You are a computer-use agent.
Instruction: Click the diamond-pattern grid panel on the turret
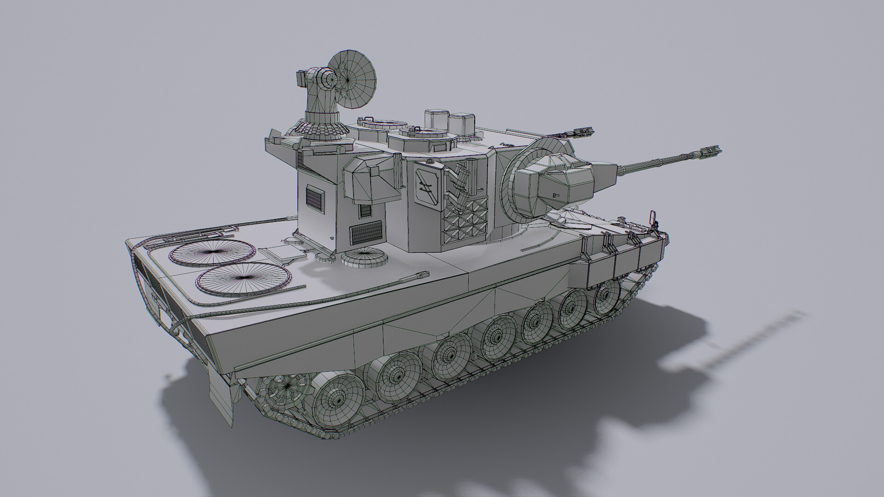click(465, 220)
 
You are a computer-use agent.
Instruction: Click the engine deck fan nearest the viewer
click(244, 282)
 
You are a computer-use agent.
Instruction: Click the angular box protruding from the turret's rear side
click(370, 180)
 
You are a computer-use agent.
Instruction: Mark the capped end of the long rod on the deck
click(422, 276)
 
